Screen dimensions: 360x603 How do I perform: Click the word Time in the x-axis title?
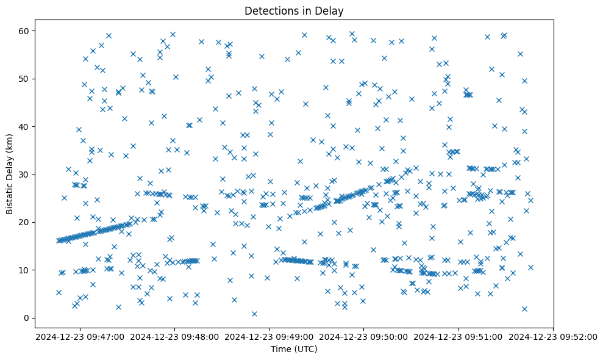(x=281, y=350)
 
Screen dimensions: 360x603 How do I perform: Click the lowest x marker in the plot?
(x=254, y=314)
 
